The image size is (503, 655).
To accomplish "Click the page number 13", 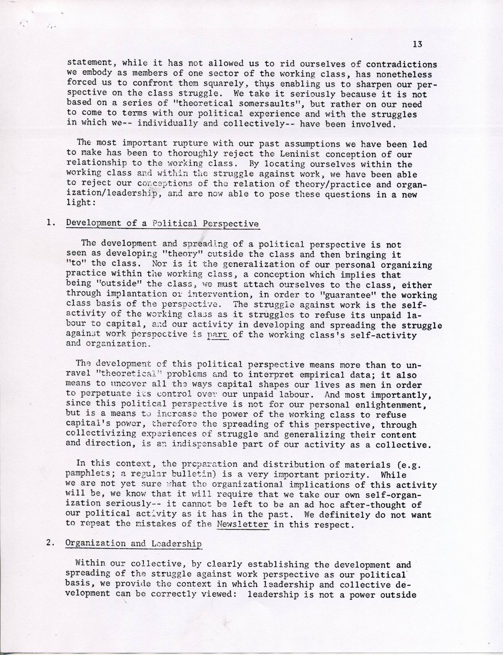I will (x=417, y=44).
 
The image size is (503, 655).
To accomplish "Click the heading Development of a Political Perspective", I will (x=163, y=223).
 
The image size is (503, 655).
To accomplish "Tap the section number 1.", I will (x=50, y=223).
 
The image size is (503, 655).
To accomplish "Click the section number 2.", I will (x=50, y=544).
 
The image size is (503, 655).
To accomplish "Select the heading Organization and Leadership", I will (x=134, y=544).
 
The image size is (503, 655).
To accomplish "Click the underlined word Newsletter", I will (x=243, y=525).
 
